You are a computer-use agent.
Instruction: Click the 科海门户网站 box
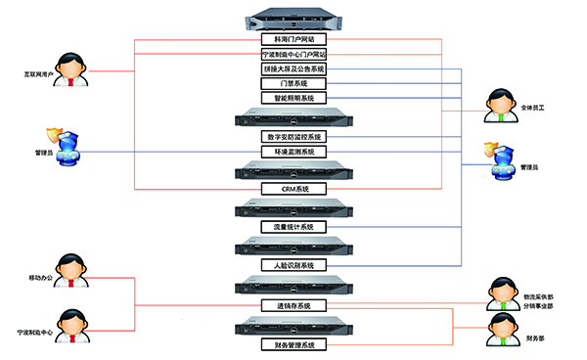click(x=293, y=40)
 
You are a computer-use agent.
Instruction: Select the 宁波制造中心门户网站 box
click(x=293, y=55)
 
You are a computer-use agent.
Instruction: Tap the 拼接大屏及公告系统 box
click(x=293, y=69)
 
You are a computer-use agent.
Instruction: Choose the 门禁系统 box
click(x=293, y=84)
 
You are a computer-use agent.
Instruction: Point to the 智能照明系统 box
click(x=293, y=99)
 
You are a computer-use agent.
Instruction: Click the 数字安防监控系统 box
click(x=293, y=137)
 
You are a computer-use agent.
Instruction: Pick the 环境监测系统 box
click(x=293, y=153)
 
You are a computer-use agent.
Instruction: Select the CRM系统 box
click(x=293, y=188)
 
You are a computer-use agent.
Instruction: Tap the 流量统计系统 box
click(x=293, y=227)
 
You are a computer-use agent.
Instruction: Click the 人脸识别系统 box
click(x=293, y=265)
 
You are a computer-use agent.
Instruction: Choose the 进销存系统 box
click(x=293, y=305)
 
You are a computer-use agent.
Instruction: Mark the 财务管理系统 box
click(x=293, y=345)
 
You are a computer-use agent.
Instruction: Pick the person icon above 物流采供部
click(x=501, y=291)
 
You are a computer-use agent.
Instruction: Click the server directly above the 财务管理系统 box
click(x=293, y=326)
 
